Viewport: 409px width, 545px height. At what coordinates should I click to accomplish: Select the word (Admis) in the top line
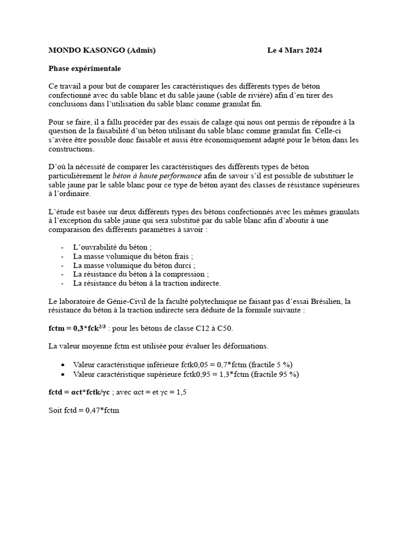(x=142, y=51)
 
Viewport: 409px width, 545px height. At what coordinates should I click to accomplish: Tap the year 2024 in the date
(x=311, y=51)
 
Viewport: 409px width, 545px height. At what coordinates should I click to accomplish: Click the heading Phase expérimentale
(x=85, y=68)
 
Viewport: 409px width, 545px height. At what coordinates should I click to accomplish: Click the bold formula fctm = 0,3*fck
(x=77, y=328)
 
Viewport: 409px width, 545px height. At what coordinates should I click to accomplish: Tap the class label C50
(x=225, y=328)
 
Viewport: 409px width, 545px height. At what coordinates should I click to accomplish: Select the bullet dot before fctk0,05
(x=63, y=365)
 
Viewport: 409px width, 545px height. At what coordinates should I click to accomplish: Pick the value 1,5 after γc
(x=182, y=392)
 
